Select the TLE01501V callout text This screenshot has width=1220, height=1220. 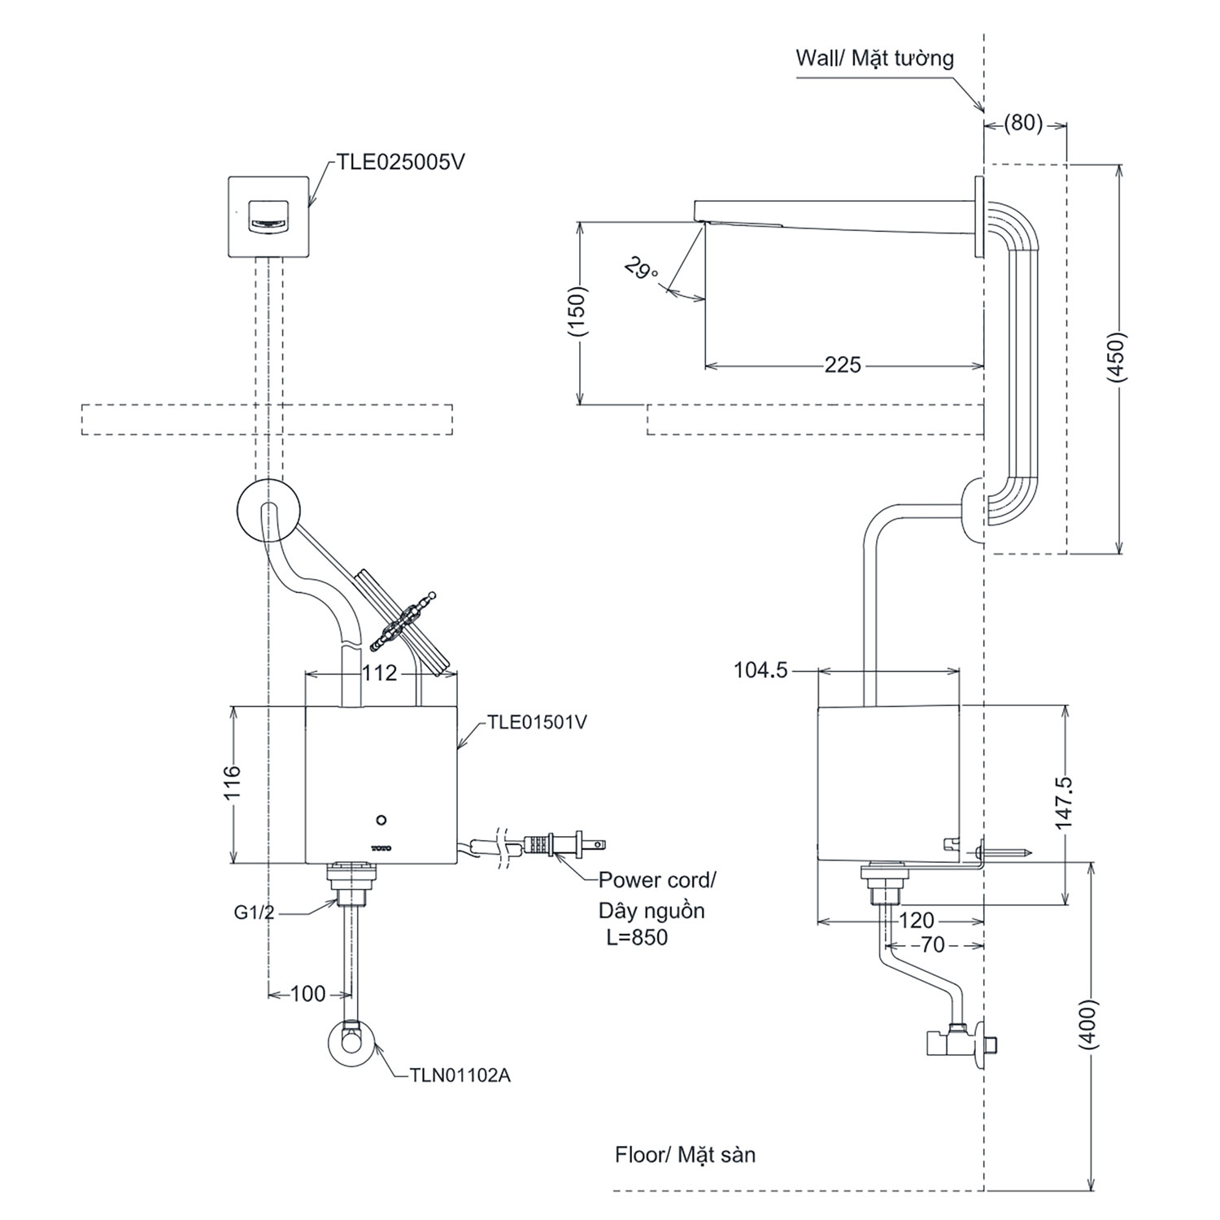click(x=537, y=721)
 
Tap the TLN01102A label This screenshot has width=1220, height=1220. click(x=461, y=1075)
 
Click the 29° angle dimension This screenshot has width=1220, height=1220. click(x=642, y=268)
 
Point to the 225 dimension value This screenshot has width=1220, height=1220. click(x=843, y=364)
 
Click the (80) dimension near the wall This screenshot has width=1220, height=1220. click(x=1023, y=124)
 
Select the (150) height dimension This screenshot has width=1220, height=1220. click(x=578, y=312)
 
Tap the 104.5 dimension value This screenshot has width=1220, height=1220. click(x=760, y=670)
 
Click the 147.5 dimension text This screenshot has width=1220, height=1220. click(x=1064, y=803)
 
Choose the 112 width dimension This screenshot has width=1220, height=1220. click(x=380, y=673)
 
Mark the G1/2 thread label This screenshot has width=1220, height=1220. click(x=255, y=913)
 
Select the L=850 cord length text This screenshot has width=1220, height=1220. click(x=637, y=937)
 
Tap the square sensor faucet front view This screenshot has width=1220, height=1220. click(x=268, y=216)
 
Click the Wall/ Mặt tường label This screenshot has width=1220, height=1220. click(x=874, y=59)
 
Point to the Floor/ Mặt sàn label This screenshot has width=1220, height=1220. click(x=685, y=1154)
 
